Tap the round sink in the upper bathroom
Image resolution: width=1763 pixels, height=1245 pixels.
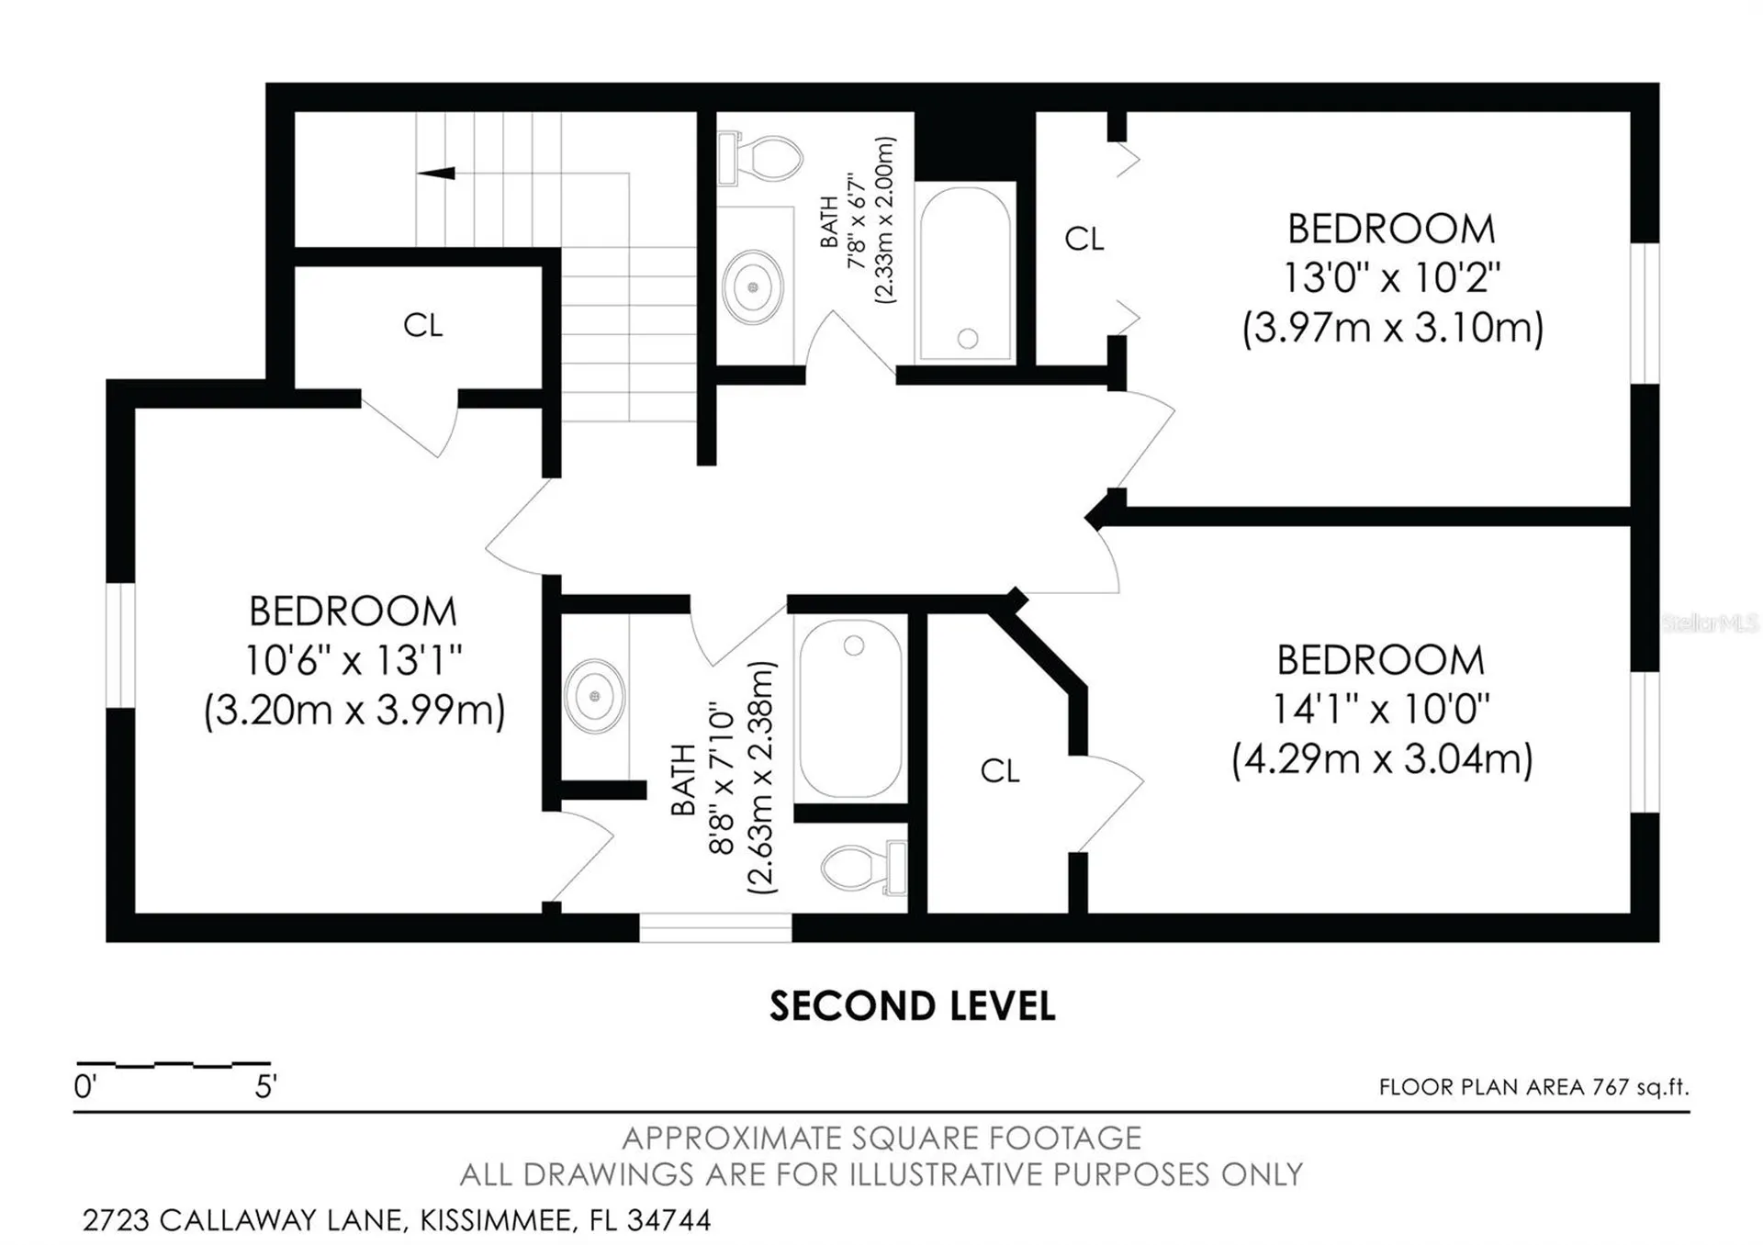(753, 287)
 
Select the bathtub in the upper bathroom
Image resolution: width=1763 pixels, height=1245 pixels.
(965, 273)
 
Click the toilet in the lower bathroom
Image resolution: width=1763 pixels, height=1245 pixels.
(864, 867)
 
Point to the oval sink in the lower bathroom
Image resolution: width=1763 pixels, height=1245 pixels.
(595, 696)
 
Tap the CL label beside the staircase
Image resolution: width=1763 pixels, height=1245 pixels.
(422, 325)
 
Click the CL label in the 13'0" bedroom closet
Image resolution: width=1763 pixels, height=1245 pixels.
(1084, 239)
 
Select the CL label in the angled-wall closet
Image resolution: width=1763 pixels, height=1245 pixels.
(1000, 771)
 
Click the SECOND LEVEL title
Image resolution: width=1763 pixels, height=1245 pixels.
(913, 1006)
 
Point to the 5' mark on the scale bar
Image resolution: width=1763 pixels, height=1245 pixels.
(265, 1087)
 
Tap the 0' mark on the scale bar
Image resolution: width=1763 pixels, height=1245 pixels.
(85, 1087)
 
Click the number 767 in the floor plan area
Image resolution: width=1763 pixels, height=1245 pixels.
(1611, 1087)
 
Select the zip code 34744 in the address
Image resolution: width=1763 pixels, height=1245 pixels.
(668, 1220)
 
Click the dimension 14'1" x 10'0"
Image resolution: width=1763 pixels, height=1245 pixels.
(1381, 709)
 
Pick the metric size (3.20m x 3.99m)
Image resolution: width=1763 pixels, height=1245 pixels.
(354, 710)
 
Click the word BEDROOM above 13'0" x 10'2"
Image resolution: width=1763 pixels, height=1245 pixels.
(1391, 230)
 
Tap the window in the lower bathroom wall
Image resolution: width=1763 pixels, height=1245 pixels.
(715, 927)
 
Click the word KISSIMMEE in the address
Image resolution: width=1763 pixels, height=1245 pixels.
(499, 1220)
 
